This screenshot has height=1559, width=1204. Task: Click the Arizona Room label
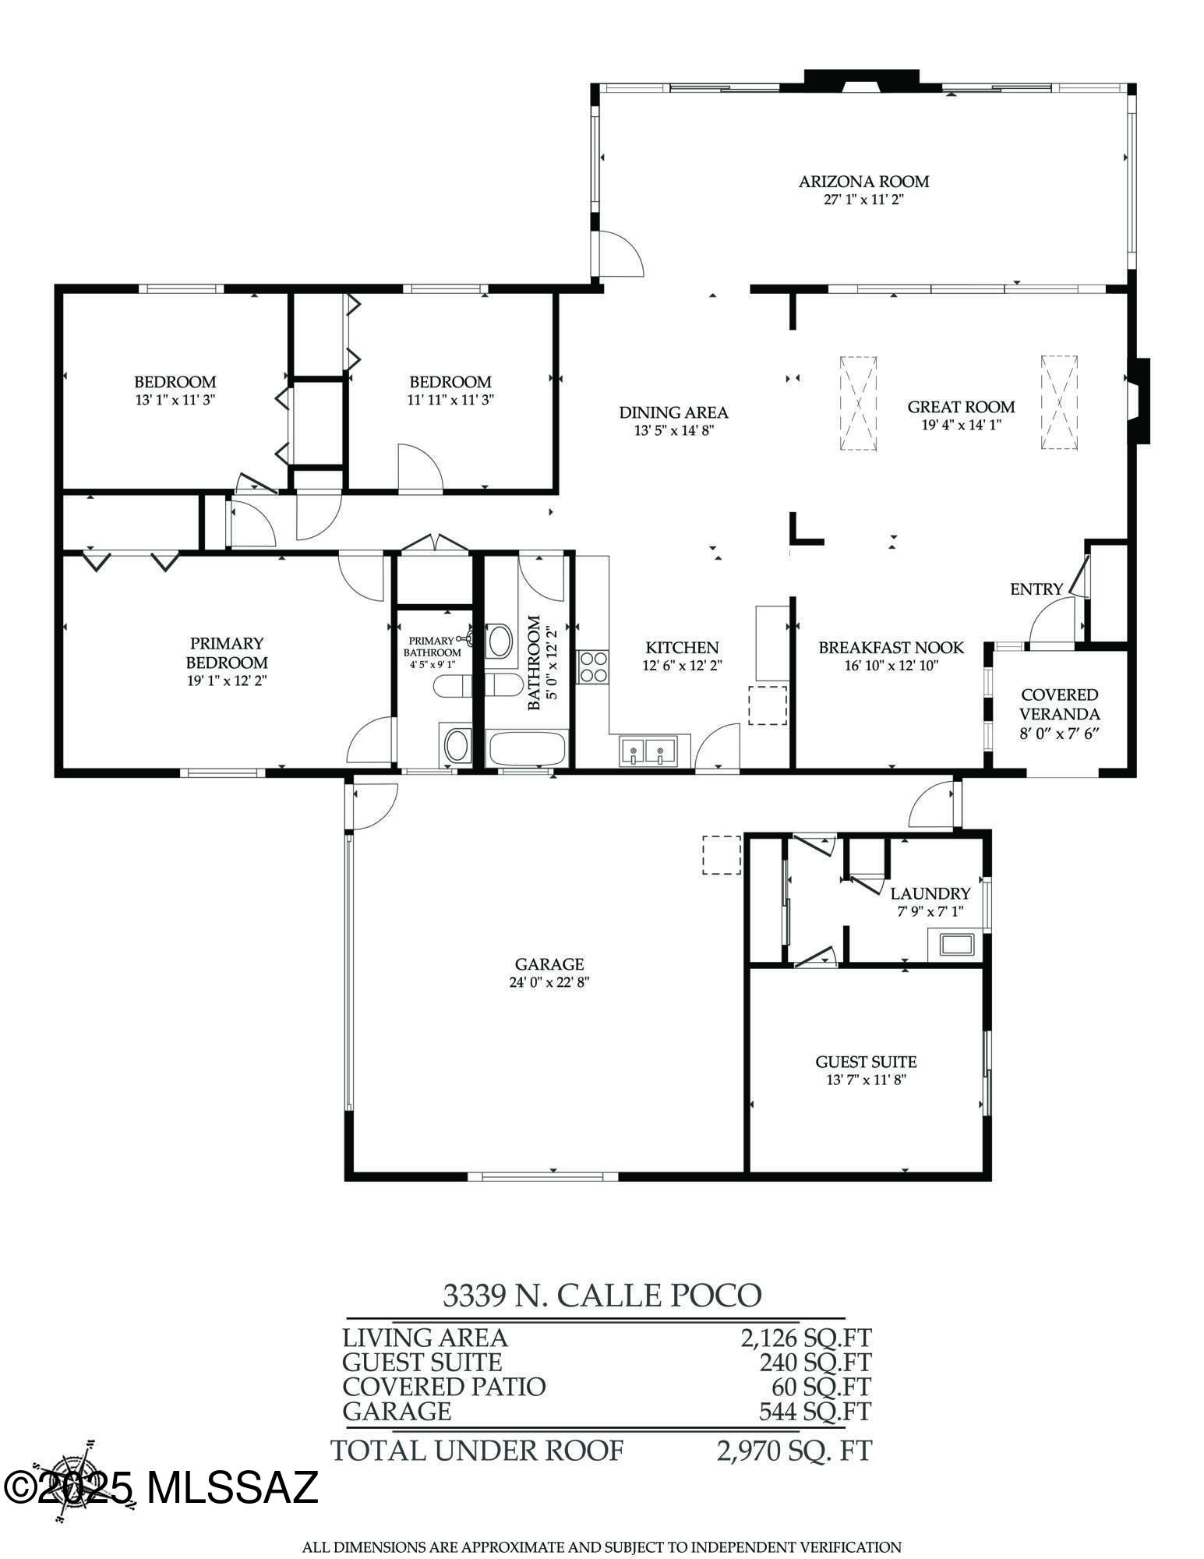pyautogui.click(x=863, y=182)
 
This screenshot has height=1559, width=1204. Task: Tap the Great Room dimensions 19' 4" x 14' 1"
pyautogui.click(x=961, y=425)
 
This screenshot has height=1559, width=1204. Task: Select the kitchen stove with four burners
pyautogui.click(x=593, y=666)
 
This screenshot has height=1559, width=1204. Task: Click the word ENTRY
pyautogui.click(x=1036, y=589)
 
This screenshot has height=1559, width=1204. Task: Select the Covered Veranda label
pyautogui.click(x=1060, y=704)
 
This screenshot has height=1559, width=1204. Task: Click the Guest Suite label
pyautogui.click(x=866, y=1062)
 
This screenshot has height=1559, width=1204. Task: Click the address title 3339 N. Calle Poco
pyautogui.click(x=602, y=1295)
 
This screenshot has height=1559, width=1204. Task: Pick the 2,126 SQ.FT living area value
pyautogui.click(x=805, y=1338)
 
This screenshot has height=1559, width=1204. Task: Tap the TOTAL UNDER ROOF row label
pyautogui.click(x=477, y=1451)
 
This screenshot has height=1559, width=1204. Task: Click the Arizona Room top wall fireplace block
pyautogui.click(x=861, y=80)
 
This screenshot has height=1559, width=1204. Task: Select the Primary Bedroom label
pyautogui.click(x=227, y=652)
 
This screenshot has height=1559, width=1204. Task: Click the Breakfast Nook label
pyautogui.click(x=891, y=648)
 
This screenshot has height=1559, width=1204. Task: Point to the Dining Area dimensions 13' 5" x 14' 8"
pyautogui.click(x=673, y=430)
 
